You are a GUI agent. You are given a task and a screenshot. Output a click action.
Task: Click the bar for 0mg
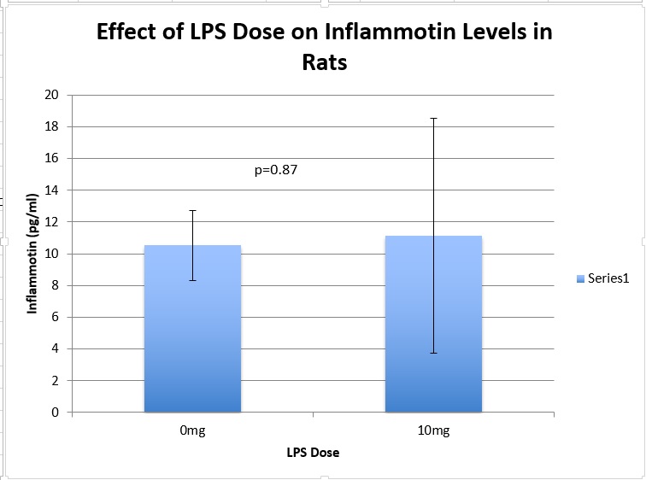pos(192,342)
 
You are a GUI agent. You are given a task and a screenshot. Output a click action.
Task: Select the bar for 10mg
pos(433,342)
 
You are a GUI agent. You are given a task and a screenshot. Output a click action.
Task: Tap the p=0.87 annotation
pos(276,170)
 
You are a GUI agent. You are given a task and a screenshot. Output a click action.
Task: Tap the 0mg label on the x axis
pos(192,431)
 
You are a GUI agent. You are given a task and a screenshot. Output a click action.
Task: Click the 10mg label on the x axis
pos(433,431)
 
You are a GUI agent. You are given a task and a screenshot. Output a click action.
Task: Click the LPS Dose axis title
pos(313,453)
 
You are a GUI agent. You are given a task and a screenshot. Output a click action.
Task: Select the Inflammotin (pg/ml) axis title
pos(32,255)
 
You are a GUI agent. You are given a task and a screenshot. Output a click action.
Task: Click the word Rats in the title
pos(325,62)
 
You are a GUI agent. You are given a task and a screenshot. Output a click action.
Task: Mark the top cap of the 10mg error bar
pos(433,118)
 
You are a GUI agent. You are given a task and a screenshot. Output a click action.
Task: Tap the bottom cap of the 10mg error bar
pos(433,353)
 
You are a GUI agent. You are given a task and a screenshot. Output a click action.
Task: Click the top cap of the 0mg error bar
pos(192,210)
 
